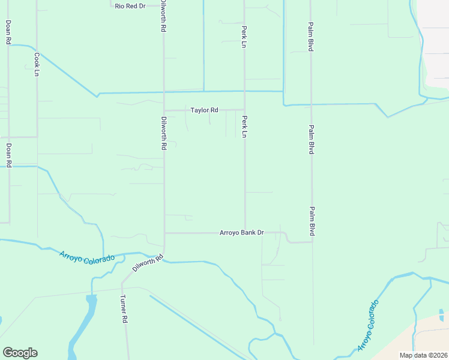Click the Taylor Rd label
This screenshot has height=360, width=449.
pos(204,110)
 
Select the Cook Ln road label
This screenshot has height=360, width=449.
pos(37,64)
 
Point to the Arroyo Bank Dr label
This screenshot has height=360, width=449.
pos(242,233)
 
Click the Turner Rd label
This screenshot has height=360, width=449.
pos(124,309)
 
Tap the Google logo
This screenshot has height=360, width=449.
pos(20,353)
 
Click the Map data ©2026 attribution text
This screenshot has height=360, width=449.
pos(424,355)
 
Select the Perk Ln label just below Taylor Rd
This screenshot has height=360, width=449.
pos(244,126)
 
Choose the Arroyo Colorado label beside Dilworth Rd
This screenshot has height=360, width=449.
pos(87,257)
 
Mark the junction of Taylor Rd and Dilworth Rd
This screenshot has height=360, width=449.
pos(164,110)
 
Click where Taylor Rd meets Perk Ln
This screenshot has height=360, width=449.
pos(244,110)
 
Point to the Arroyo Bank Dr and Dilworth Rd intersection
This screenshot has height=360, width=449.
pos(164,233)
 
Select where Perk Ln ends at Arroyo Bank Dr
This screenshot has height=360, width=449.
pos(244,232)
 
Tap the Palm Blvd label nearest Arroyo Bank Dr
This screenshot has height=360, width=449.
pos(312,221)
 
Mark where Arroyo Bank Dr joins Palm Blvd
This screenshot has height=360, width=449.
pos(312,242)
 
